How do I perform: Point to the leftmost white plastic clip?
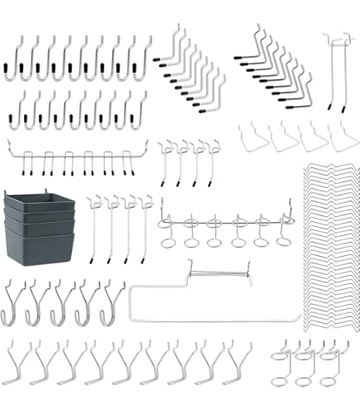tap(252, 137)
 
